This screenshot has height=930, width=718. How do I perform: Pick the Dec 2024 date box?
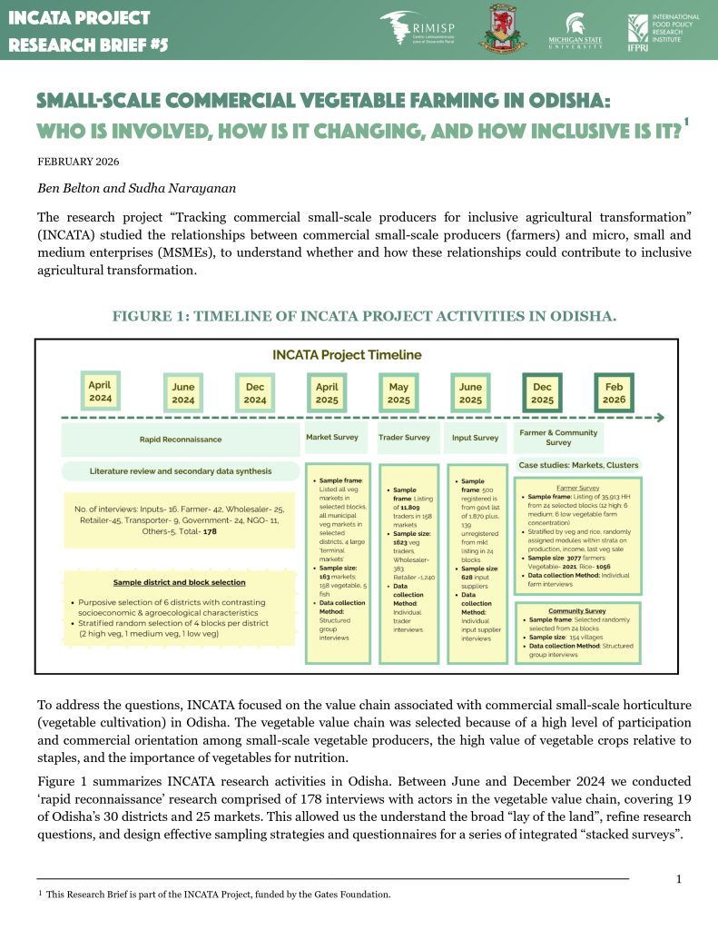coord(255,392)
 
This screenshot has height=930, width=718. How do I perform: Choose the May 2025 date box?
coord(398,392)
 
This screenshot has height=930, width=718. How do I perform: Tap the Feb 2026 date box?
coord(615,392)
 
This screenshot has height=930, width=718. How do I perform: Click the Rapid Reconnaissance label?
coord(180,439)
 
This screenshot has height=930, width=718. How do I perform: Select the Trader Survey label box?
coord(404,437)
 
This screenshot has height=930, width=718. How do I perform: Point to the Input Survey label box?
coord(475,437)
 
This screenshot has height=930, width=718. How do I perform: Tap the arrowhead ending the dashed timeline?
coord(660,418)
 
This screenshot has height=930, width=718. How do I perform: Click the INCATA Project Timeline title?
coord(347,354)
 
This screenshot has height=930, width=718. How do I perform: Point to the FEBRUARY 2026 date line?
coord(79,162)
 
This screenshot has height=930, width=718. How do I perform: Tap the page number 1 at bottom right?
coord(679,878)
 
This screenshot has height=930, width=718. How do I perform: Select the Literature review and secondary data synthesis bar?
coord(180,471)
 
